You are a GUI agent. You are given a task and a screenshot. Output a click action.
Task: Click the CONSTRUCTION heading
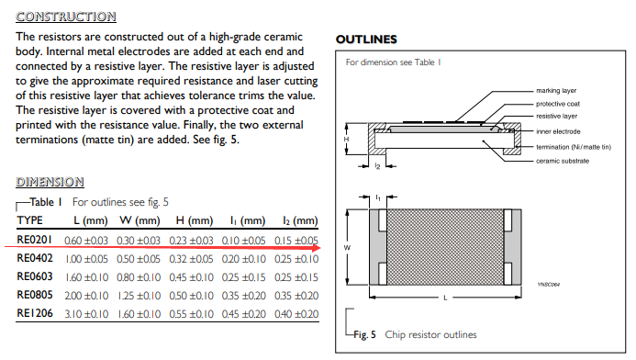66,17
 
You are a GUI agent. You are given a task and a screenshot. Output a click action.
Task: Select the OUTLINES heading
366,39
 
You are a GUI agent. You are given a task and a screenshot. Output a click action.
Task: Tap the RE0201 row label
38,240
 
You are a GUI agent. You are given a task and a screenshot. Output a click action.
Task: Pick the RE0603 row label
38,276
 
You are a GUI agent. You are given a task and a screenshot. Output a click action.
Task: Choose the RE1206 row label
38,314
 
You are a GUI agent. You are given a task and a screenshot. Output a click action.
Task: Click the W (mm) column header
139,221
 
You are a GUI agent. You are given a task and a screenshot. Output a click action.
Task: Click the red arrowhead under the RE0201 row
316,247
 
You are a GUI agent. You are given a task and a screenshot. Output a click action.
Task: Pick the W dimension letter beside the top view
347,247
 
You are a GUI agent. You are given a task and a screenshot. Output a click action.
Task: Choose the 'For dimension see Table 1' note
393,63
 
